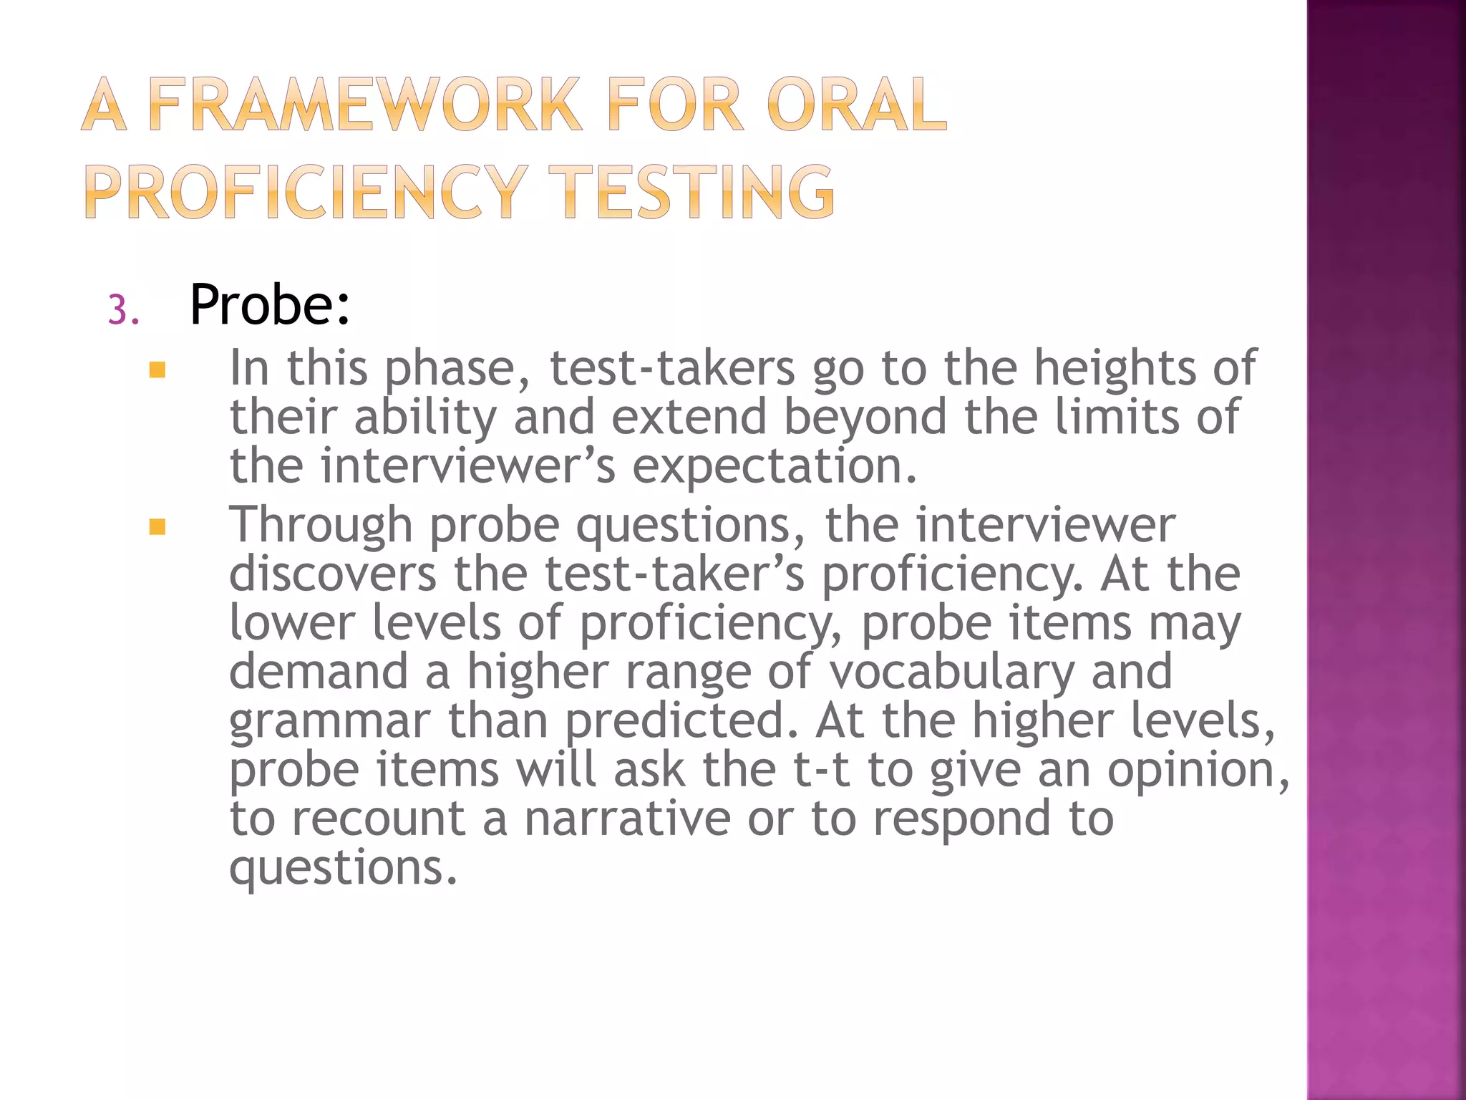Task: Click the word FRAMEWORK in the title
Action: click(x=365, y=105)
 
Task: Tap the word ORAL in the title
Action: click(x=856, y=105)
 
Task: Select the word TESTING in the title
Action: click(x=696, y=191)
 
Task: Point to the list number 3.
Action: click(x=122, y=312)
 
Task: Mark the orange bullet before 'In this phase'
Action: click(x=157, y=370)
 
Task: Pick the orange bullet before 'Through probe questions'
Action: click(x=157, y=528)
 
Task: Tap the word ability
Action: click(x=425, y=418)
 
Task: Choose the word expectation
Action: click(x=773, y=466)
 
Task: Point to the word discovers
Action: click(x=332, y=574)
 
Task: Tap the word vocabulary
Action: click(x=952, y=672)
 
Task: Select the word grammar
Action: click(x=330, y=721)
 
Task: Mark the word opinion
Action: click(x=1197, y=770)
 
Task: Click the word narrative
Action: click(x=627, y=819)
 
